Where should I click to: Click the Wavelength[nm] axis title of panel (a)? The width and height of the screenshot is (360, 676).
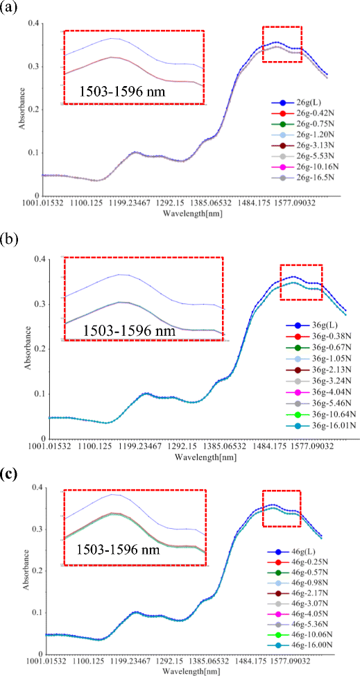click(191, 214)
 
